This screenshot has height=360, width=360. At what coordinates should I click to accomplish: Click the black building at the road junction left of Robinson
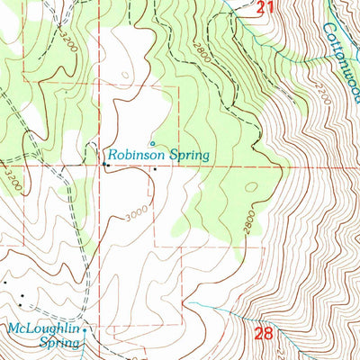coord(105,165)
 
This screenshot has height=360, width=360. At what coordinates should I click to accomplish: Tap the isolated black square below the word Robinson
coord(154,168)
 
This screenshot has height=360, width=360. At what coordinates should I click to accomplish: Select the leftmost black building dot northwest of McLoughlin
coord(4,282)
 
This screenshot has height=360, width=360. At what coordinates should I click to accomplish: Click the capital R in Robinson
coord(114,155)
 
